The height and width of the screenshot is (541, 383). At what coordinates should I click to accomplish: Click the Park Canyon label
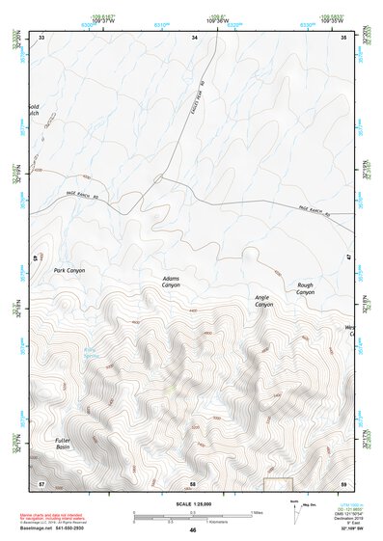coord(68,271)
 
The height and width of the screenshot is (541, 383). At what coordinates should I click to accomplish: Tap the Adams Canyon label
coord(171,282)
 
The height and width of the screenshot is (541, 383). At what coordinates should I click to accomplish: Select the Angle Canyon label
coord(263,300)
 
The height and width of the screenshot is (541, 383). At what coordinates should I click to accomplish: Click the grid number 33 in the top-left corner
coord(41,37)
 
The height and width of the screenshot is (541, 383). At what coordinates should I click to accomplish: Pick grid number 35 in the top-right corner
coord(344,37)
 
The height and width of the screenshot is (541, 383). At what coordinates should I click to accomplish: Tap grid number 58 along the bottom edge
coord(193,481)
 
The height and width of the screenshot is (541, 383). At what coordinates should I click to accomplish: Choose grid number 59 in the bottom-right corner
coord(344,481)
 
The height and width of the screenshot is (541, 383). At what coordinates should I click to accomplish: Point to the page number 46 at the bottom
coord(192,529)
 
